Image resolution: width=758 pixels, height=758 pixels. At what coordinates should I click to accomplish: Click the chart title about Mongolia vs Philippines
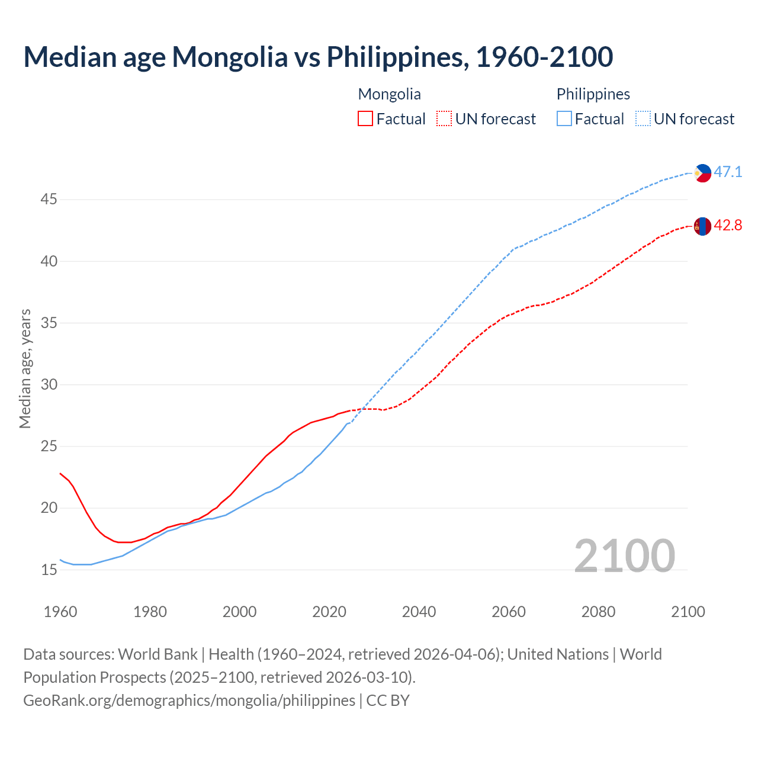click(318, 57)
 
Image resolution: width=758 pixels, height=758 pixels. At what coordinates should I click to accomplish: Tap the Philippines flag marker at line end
click(702, 173)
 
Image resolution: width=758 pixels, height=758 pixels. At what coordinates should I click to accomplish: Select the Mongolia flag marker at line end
click(702, 226)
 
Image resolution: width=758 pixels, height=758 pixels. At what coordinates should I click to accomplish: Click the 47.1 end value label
click(728, 172)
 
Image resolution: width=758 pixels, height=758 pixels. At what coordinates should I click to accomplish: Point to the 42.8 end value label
click(728, 226)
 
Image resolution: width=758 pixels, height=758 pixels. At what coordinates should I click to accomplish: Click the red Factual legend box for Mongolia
click(365, 119)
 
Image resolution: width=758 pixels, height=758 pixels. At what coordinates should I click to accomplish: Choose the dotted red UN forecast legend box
click(444, 119)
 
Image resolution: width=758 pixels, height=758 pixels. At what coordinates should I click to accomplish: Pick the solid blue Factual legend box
click(564, 119)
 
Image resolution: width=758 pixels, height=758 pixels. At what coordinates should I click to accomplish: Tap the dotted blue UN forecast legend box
click(643, 119)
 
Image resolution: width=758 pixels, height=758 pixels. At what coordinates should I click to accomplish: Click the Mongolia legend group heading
click(389, 94)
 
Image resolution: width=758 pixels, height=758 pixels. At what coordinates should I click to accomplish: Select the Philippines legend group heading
click(593, 94)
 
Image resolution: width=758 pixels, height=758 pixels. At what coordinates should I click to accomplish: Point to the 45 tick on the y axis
click(49, 200)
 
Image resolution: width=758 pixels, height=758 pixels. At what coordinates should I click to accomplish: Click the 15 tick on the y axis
click(49, 570)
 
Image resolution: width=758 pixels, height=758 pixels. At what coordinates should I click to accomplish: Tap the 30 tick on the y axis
click(49, 385)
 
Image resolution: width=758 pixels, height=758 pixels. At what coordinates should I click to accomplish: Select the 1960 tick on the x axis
click(60, 612)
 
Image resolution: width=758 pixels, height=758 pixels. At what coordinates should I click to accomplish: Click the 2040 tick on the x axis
click(419, 612)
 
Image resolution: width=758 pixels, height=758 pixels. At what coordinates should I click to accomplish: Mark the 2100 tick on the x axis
click(688, 612)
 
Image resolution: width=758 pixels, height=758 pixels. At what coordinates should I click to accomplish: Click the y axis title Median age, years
click(25, 368)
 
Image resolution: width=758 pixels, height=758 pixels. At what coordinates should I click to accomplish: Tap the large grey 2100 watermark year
click(624, 555)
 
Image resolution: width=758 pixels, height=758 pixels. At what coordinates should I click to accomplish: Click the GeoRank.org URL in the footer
click(189, 701)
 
